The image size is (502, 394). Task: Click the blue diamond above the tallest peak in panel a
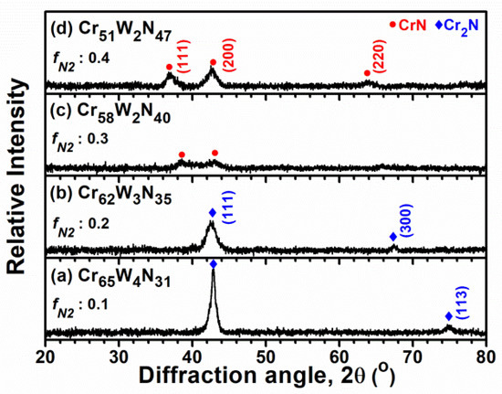point(214,264)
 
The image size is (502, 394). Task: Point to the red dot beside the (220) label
point(367,73)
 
